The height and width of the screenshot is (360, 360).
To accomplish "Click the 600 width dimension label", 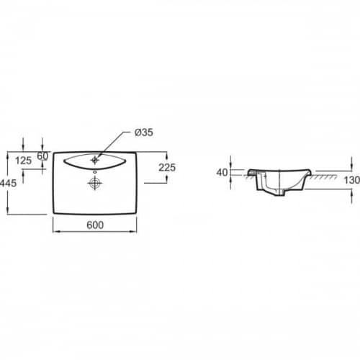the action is (95, 225).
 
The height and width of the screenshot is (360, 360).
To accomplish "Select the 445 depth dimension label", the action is (8, 183).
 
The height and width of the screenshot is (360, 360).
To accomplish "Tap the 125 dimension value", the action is (23, 161).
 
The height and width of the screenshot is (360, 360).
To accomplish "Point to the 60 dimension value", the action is (42, 156).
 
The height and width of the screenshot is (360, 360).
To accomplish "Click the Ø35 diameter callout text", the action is (143, 132).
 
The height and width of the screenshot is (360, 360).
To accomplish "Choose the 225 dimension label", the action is (167, 168).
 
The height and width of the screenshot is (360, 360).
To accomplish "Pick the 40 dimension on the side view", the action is (222, 172).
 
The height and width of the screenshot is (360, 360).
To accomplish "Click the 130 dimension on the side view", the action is (352, 180).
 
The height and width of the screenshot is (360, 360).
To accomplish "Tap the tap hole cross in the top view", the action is (95, 160).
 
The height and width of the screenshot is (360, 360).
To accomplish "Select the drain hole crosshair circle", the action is (95, 183).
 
